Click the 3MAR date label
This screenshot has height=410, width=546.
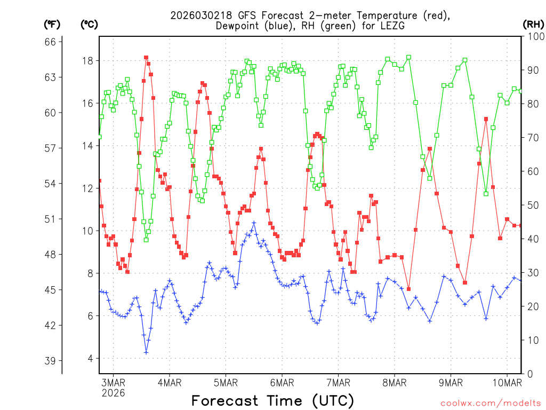click(113, 382)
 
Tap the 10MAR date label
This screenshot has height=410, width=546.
click(507, 382)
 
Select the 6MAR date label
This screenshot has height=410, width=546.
click(282, 382)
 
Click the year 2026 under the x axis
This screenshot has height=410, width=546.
click(113, 393)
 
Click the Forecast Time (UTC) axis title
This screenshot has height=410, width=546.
click(272, 400)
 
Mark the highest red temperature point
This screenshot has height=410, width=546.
click(146, 58)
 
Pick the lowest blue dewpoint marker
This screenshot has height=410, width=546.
click(146, 352)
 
